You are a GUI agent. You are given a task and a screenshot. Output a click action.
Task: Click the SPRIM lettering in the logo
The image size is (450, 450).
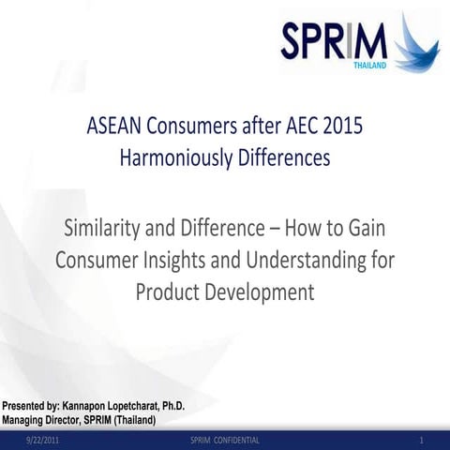pos(334,42)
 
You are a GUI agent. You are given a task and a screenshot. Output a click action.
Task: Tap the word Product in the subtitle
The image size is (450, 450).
pos(169,292)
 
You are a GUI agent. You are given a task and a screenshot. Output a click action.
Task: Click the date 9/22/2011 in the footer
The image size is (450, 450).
pos(43,440)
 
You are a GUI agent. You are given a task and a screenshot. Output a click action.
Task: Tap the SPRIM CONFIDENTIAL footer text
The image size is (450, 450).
pos(225,440)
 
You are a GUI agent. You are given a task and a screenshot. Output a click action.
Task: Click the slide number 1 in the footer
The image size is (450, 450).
pos(423,440)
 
